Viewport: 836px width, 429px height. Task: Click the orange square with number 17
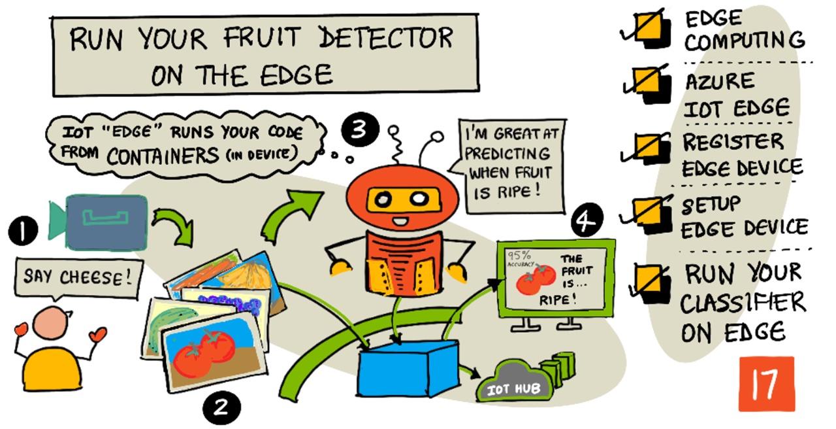(766, 384)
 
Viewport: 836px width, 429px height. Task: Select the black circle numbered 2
(221, 407)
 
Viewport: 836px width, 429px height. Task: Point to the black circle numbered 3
(359, 129)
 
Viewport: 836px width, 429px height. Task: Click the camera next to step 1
(104, 223)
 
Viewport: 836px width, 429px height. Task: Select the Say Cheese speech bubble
(77, 278)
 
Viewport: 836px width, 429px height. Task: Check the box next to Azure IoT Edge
(651, 84)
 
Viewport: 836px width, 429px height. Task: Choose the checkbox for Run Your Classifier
(651, 283)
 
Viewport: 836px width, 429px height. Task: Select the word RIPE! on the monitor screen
(558, 300)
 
